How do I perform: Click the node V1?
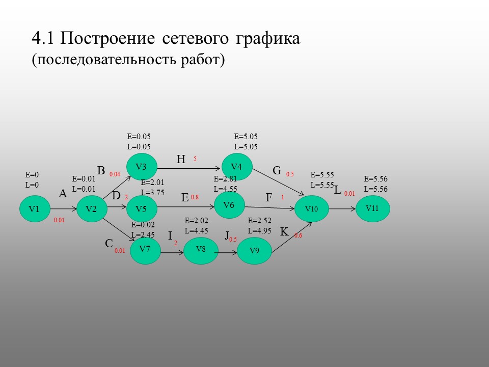pyautogui.click(x=34, y=209)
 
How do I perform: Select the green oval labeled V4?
pyautogui.click(x=237, y=167)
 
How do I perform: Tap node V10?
pyautogui.click(x=311, y=209)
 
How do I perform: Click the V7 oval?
pyautogui.click(x=145, y=249)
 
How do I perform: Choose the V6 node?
pyautogui.click(x=229, y=205)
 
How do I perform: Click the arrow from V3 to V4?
pyautogui.click(x=189, y=167)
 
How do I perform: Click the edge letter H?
pyautogui.click(x=181, y=160)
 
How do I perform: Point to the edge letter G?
pyautogui.click(x=277, y=171)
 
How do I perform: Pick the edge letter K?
pyautogui.click(x=284, y=232)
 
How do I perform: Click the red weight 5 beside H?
pyautogui.click(x=195, y=160)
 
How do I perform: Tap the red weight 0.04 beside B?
pyautogui.click(x=115, y=174)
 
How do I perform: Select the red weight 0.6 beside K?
pyautogui.click(x=298, y=235)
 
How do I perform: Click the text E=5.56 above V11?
pyautogui.click(x=376, y=179)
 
